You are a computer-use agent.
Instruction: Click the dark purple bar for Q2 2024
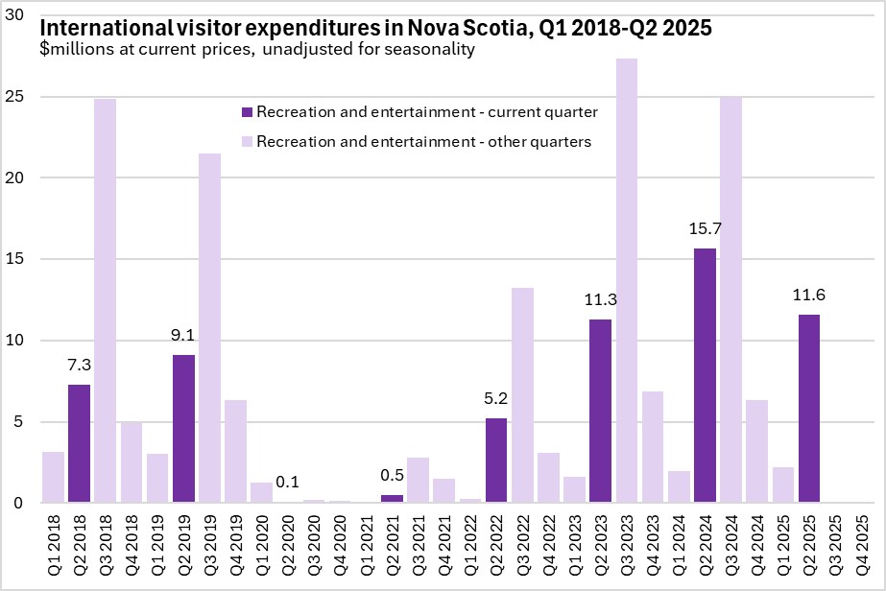[x=705, y=374]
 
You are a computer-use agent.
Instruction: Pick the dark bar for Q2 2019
[x=184, y=428]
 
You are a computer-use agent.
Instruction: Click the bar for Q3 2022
[x=522, y=394]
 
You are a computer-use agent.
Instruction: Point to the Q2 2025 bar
[x=809, y=408]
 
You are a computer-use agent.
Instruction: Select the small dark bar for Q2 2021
[x=393, y=498]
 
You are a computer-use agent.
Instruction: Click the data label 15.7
[x=705, y=230]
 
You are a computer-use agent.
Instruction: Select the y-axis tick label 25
[x=19, y=97]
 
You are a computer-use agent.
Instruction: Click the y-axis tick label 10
[x=19, y=341]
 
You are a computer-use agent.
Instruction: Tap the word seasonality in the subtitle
[x=430, y=50]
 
